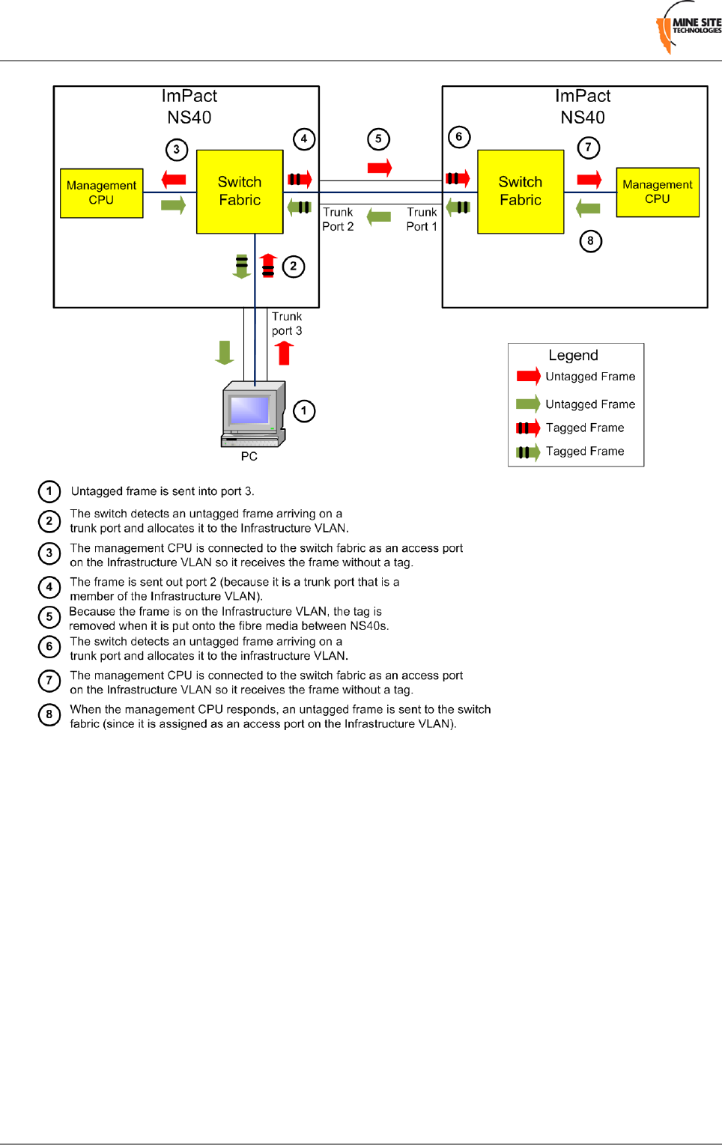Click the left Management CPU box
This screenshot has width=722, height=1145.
[101, 193]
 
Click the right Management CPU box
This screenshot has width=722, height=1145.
[657, 192]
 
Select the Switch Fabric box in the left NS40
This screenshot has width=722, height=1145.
[240, 192]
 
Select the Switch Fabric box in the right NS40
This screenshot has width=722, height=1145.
[521, 192]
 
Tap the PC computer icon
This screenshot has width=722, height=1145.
[253, 414]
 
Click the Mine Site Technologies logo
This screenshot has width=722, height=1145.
[688, 28]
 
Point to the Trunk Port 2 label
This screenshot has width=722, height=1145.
[338, 219]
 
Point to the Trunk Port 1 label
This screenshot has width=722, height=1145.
[422, 219]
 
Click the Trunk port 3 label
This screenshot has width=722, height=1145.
[287, 324]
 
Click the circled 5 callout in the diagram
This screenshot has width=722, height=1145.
[378, 139]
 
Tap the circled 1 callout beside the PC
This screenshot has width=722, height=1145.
[303, 411]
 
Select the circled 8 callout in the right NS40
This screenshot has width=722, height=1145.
[590, 241]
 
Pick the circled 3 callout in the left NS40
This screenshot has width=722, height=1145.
[176, 149]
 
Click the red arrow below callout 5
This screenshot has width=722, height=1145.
[380, 168]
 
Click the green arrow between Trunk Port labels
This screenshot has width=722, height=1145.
[379, 217]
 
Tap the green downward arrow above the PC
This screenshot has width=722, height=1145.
[225, 352]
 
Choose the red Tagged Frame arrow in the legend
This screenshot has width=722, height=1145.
[527, 428]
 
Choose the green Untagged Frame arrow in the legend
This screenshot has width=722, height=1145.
[527, 404]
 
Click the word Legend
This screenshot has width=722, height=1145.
[573, 356]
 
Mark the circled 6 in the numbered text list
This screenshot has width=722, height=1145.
[49, 647]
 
